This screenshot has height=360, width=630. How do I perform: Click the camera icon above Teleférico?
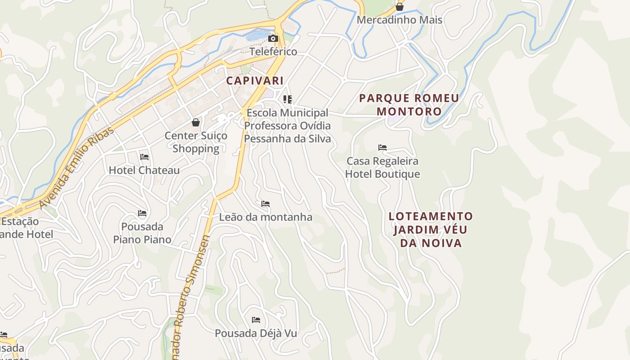273,38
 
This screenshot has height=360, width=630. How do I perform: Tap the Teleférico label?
273,52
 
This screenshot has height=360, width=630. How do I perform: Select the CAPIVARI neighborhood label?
255,81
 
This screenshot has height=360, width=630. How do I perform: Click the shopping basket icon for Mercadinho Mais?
399,7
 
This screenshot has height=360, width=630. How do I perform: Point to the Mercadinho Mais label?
399,20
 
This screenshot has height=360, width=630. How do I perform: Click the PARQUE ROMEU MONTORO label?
409,104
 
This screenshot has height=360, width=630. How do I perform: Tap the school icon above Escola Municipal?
288,99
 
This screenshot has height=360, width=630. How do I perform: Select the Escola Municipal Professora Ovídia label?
287,126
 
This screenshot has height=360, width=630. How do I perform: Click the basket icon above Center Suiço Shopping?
196,122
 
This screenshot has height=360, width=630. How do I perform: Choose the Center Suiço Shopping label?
196,142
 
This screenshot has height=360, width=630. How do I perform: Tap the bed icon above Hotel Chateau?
144,157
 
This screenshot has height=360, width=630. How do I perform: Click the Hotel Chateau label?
144,170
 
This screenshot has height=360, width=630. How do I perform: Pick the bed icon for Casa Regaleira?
382,148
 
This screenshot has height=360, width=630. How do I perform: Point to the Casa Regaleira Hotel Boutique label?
382,167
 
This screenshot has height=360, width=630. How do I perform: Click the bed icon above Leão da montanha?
265,204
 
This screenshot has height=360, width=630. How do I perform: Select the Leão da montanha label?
265,217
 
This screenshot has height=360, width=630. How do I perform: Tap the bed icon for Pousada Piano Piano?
142,213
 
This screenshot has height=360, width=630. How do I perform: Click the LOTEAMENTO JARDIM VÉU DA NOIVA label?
430,229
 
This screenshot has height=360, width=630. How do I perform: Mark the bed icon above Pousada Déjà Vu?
256,320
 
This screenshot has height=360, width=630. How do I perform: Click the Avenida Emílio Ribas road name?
77,168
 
